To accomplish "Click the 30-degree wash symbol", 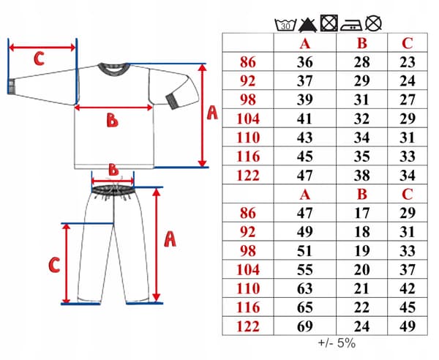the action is click(x=285, y=25).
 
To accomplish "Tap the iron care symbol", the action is click(x=351, y=25).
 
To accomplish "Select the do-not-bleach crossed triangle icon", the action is click(x=308, y=25).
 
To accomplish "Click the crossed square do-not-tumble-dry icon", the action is click(x=329, y=23).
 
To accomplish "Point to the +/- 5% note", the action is click(x=337, y=343).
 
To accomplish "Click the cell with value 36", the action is click(x=304, y=62).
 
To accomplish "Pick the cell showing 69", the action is click(x=304, y=326).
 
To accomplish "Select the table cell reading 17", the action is click(x=361, y=213).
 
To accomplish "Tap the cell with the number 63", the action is click(x=304, y=288).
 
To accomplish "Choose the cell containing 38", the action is click(x=361, y=175).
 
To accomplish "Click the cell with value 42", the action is click(x=408, y=288).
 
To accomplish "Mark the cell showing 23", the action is click(x=408, y=62).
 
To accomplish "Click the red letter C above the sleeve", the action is click(x=39, y=59).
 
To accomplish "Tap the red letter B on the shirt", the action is click(x=112, y=121).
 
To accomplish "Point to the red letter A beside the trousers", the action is click(x=170, y=239).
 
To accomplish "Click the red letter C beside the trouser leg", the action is click(x=54, y=265).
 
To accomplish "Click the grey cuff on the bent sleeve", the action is click(x=173, y=101).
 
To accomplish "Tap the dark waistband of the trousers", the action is click(x=113, y=190).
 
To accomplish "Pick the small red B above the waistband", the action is click(x=113, y=169).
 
